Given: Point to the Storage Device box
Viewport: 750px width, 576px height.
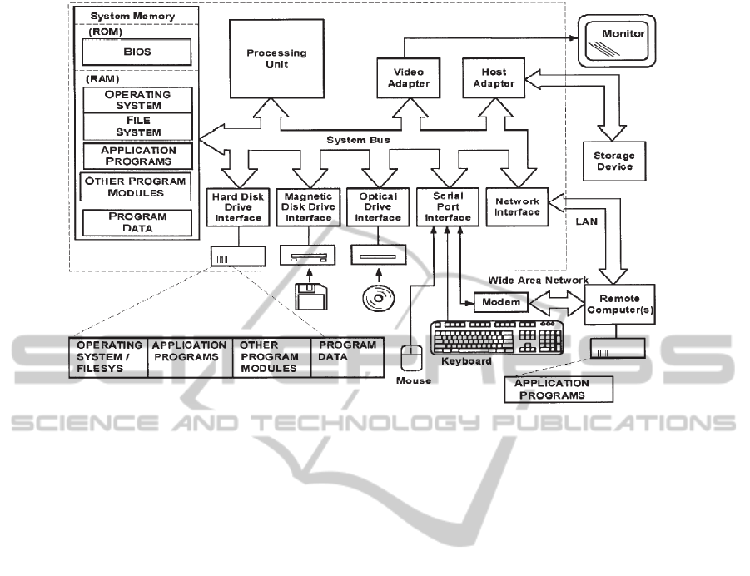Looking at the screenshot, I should pos(613,161).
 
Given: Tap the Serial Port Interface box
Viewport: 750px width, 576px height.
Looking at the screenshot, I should pos(447,207).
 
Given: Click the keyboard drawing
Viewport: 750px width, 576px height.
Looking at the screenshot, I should pos(496,336).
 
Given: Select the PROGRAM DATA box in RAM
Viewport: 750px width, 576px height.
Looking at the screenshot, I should pos(137,221).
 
